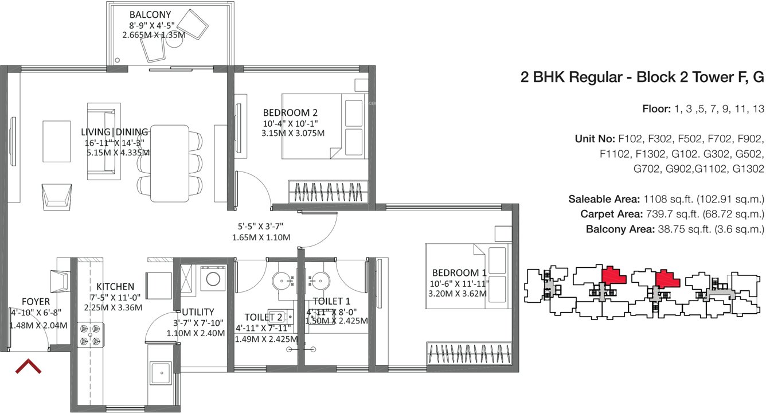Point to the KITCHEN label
click(115, 286)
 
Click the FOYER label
click(36, 302)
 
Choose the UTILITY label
click(198, 312)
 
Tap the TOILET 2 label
click(263, 317)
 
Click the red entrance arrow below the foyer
click(28, 367)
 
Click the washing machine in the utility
click(213, 279)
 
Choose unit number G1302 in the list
click(747, 169)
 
